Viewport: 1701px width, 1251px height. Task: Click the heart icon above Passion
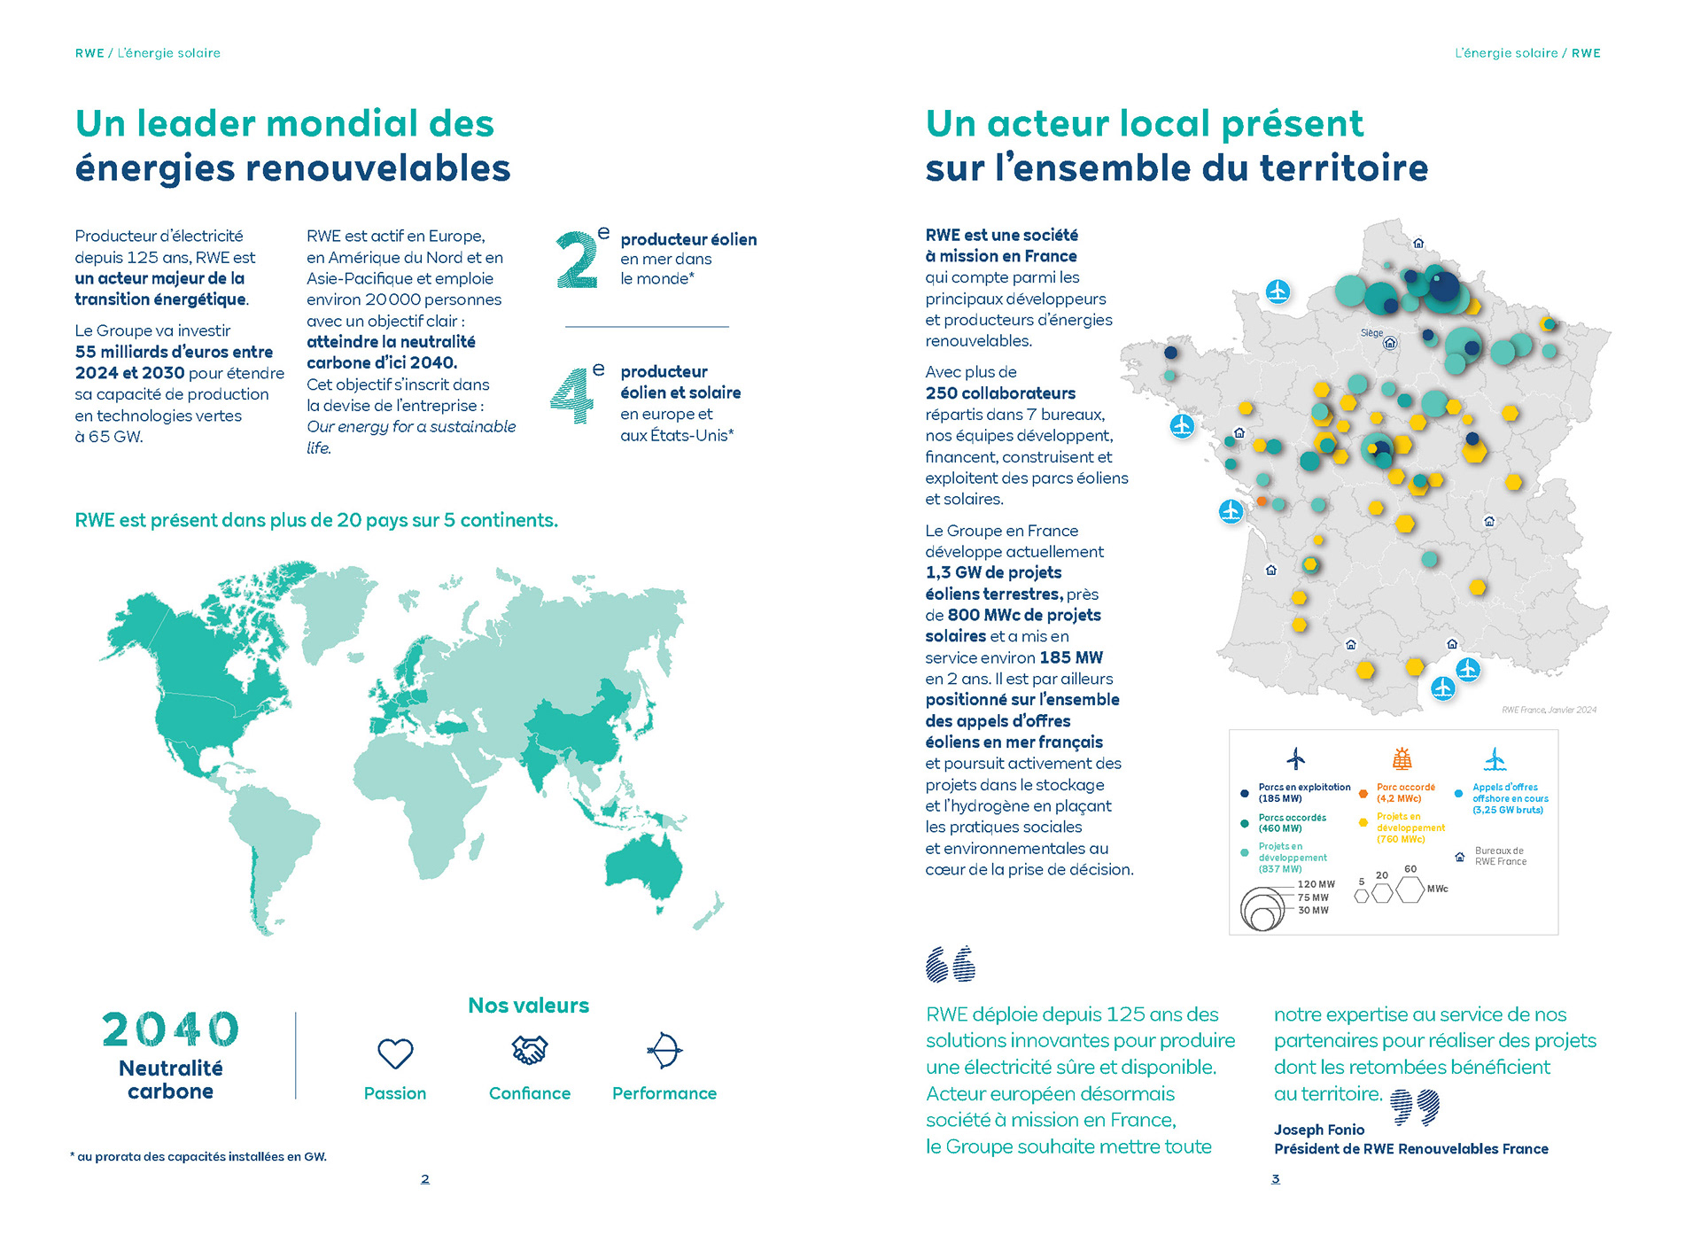coord(395,1053)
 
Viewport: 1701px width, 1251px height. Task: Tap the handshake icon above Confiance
coord(530,1050)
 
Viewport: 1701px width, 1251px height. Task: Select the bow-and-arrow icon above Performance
coord(664,1051)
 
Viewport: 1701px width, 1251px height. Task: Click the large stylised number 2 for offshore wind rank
coord(578,259)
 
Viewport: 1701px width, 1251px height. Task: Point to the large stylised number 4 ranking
coord(572,394)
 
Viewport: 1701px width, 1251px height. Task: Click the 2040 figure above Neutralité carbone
coord(171,1030)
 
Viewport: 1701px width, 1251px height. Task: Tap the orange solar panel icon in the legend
coord(1402,758)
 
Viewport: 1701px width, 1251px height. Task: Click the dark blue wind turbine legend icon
coord(1296,758)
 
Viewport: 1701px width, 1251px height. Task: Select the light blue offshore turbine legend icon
coord(1495,758)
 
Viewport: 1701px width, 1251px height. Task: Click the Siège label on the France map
coord(1371,333)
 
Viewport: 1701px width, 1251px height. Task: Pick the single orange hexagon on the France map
coord(1262,501)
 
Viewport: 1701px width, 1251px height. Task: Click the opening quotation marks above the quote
coord(951,964)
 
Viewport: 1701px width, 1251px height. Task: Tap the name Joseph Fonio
coord(1319,1130)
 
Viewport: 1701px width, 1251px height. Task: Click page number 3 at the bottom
coord(1276,1179)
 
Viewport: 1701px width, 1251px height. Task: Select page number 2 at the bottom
coord(425,1179)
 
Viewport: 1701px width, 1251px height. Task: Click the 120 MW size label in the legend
coord(1317,884)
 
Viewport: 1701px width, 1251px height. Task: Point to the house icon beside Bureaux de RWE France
coord(1460,857)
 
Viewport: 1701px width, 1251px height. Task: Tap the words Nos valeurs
coord(529,1006)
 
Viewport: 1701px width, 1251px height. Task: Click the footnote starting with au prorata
coord(198,1156)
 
